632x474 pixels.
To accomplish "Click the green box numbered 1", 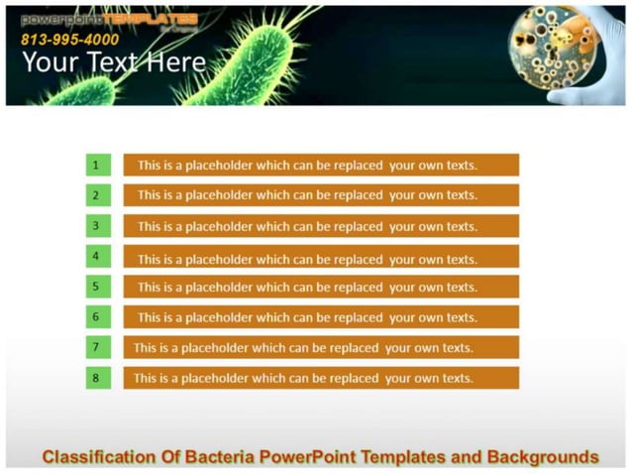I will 97,165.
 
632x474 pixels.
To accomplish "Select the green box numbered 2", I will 97,195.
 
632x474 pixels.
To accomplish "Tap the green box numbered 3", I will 97,226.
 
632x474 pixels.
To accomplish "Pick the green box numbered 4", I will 97,257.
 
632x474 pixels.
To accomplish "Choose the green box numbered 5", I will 97,287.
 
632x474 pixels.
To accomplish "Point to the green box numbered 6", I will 97,317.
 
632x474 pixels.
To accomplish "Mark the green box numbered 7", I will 97,348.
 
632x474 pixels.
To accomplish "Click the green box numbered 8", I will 97,378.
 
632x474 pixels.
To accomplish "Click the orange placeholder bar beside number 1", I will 321,166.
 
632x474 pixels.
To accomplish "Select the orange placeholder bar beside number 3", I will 321,226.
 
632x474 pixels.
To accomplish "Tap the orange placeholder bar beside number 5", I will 321,288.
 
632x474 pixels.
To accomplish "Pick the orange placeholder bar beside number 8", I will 321,378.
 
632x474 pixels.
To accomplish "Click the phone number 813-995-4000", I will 69,40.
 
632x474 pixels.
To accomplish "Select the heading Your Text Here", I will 114,63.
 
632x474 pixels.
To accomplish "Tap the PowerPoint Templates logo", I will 109,19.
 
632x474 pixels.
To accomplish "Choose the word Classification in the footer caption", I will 98,457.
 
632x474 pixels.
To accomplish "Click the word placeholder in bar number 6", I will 219,318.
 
